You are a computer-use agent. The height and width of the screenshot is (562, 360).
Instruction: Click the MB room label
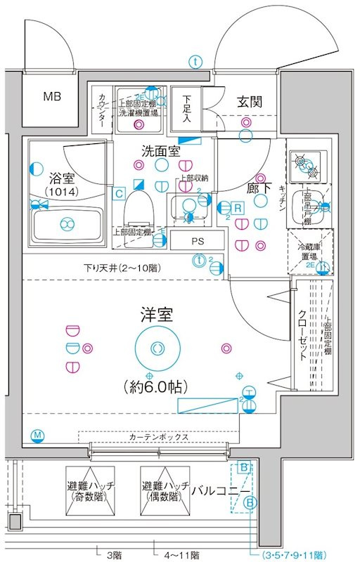pos(52,97)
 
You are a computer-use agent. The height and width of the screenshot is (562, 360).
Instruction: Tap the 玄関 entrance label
pos(250,101)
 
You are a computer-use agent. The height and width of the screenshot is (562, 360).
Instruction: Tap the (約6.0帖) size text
pos(157,386)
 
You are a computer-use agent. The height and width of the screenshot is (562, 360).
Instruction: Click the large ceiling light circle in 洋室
pos(156,347)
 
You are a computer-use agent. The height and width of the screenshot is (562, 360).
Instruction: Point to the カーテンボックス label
pos(158,437)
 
